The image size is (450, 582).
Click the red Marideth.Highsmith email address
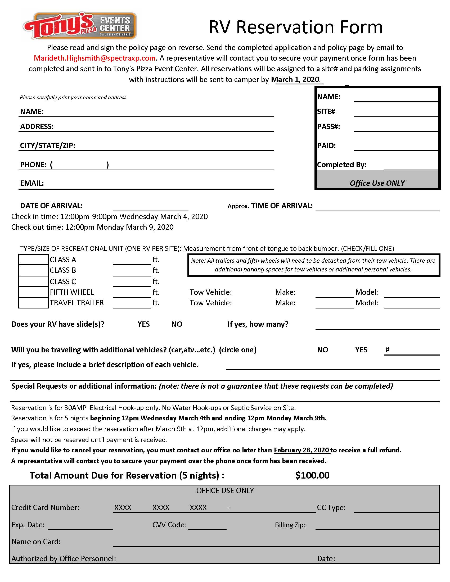(95, 58)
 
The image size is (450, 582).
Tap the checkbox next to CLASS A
(33, 260)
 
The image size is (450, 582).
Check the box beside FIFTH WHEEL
(33, 292)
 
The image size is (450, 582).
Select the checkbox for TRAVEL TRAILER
(33, 303)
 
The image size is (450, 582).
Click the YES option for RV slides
(143, 324)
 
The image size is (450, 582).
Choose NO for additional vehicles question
(322, 350)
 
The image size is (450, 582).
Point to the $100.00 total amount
(312, 475)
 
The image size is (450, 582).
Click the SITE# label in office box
(326, 112)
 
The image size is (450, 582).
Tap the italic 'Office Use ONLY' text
(377, 183)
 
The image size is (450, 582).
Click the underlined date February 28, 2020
(301, 450)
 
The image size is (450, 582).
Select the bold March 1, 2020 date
(295, 79)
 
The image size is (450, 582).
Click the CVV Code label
(170, 525)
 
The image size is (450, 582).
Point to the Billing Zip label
(290, 525)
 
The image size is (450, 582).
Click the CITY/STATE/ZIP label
(48, 146)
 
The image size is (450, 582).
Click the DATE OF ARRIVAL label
(51, 206)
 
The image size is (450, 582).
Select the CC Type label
(331, 508)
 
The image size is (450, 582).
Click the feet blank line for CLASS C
(132, 283)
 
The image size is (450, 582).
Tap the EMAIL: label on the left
(32, 183)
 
